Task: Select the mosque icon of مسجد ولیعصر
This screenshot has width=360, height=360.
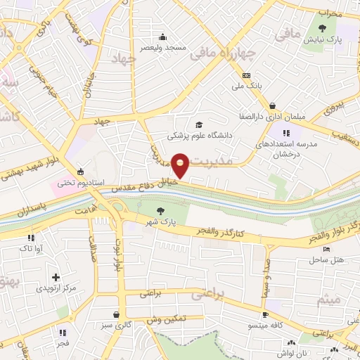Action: [163, 37]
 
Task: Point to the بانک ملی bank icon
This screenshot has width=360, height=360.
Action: [246, 76]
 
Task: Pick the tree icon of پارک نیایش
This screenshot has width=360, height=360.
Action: [322, 28]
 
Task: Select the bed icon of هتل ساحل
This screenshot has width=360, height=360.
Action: [326, 250]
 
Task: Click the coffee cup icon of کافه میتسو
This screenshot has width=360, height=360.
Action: [265, 315]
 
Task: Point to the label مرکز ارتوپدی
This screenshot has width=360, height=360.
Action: [58, 288]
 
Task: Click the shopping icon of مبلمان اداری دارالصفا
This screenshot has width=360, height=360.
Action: [271, 106]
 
